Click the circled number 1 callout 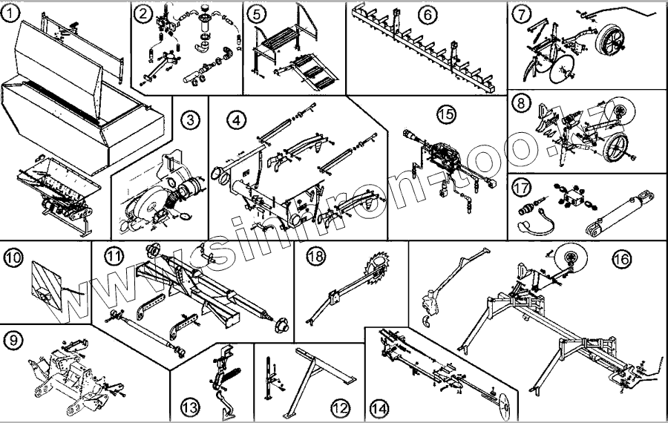[x=12, y=13]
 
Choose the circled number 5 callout [x=256, y=13]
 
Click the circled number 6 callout [x=426, y=13]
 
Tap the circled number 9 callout [x=13, y=340]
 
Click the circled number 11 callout [x=112, y=258]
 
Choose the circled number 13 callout [x=190, y=407]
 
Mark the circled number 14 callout [x=379, y=407]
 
